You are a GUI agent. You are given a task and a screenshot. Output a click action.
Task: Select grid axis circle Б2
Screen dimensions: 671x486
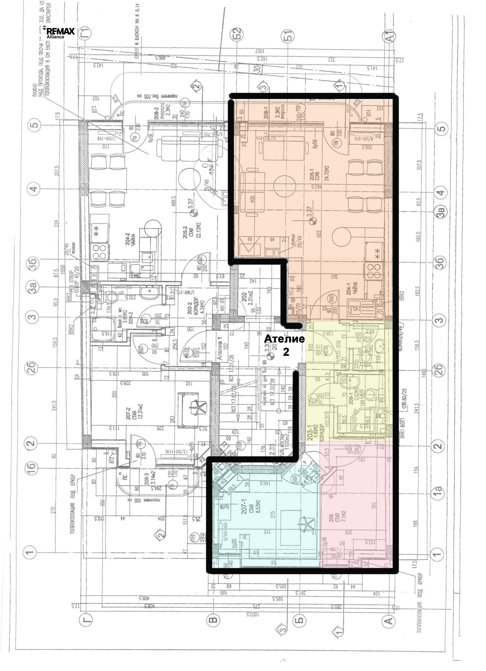tap(238, 32)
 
